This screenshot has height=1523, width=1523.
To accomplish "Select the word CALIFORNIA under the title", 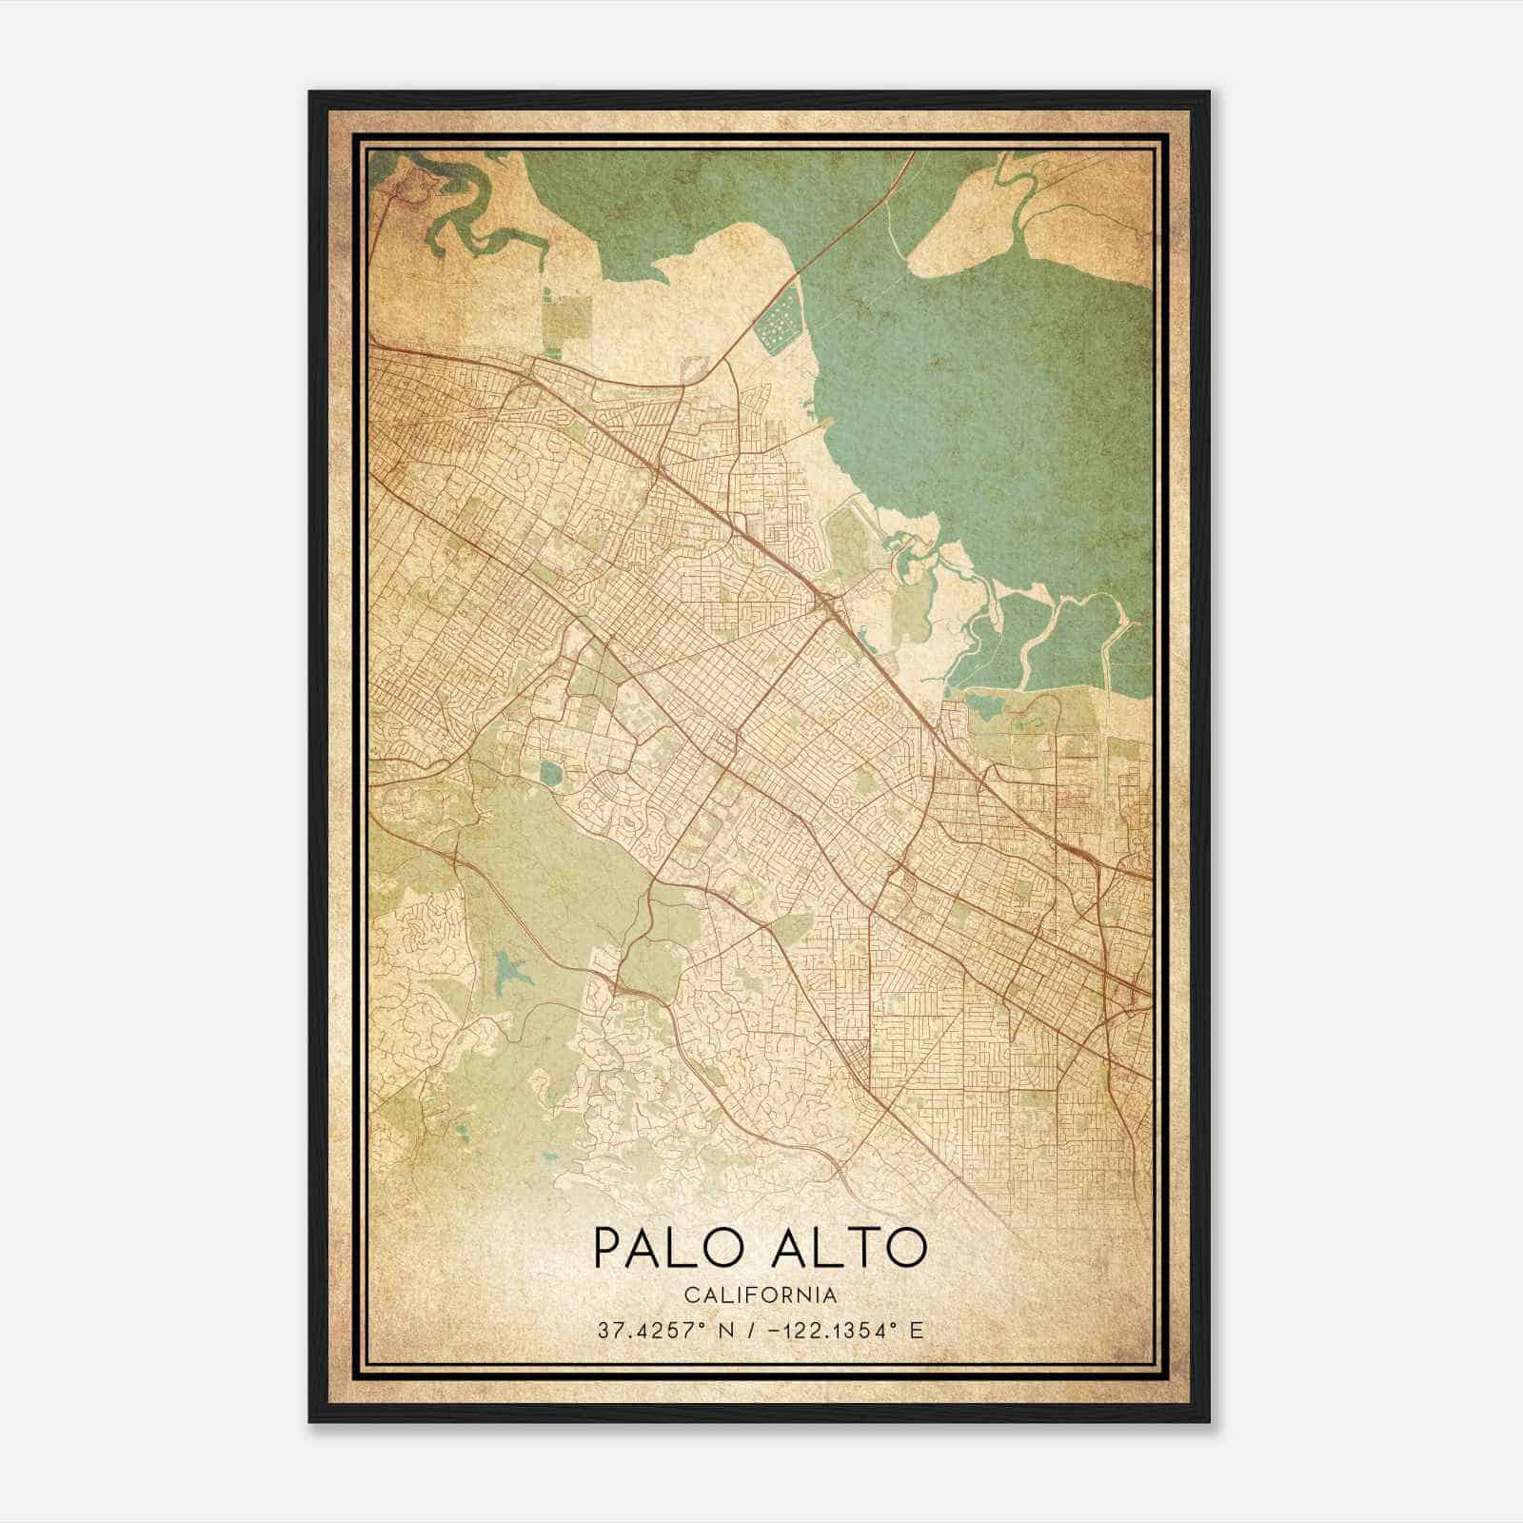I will [x=760, y=1296].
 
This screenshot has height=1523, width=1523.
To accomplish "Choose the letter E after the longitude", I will [x=916, y=1331].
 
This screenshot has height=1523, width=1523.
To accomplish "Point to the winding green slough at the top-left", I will [x=466, y=224].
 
